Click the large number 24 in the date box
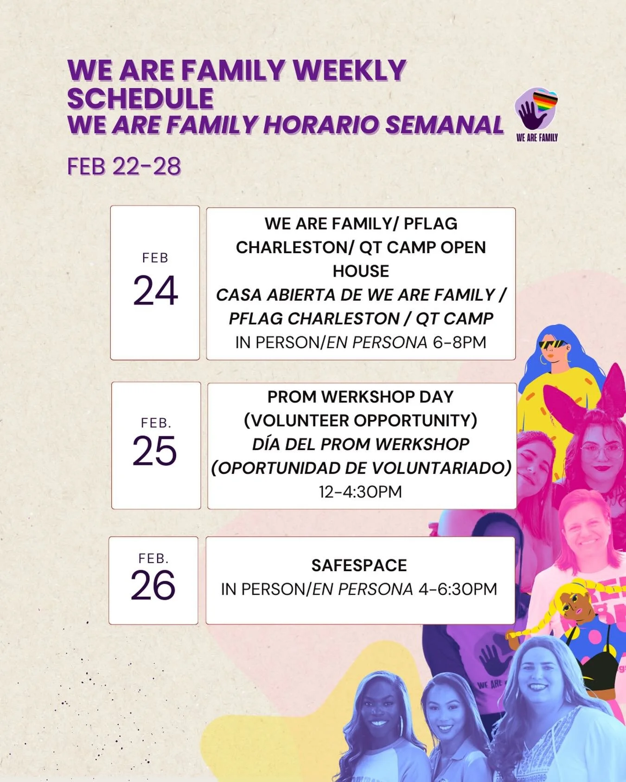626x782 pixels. coord(155,291)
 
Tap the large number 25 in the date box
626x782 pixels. coord(155,451)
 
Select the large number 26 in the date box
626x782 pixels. coord(153,585)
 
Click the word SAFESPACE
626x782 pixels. coord(359,566)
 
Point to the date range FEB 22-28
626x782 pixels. coord(124,166)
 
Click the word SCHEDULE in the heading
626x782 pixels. coord(141,98)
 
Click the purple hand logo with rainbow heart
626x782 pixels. coord(535,109)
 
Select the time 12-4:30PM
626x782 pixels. coord(360,492)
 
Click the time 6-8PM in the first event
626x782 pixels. coord(460,342)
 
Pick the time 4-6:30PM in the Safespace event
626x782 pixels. coord(458,589)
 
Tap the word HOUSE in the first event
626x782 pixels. coord(361,271)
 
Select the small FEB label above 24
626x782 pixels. coord(155,258)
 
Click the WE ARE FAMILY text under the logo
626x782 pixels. coord(537,137)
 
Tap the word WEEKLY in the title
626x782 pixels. coord(350,70)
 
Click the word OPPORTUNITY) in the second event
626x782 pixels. coord(415,420)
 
